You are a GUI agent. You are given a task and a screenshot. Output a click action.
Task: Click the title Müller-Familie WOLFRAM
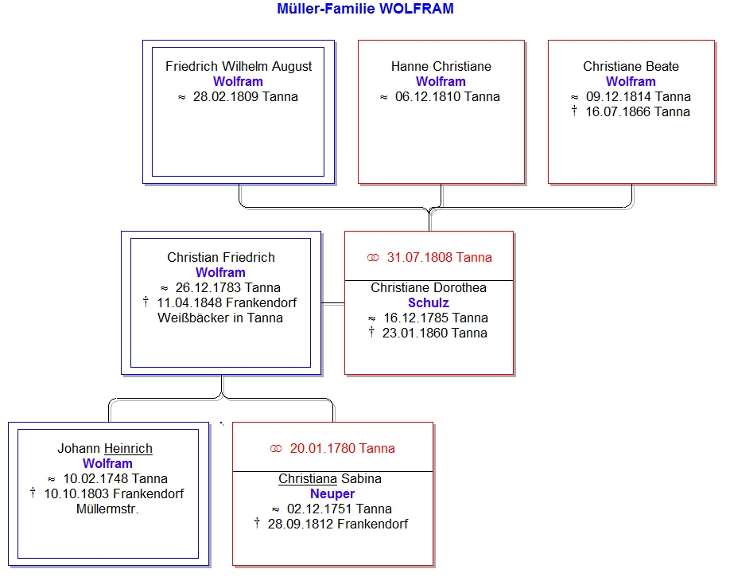[365, 9]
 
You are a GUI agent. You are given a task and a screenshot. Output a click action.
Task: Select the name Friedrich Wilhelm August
[239, 67]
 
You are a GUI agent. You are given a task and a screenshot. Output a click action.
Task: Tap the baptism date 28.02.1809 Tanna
[246, 97]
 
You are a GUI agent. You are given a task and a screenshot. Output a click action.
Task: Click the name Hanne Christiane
[441, 67]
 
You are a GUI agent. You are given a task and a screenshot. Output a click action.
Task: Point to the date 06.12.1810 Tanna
[448, 97]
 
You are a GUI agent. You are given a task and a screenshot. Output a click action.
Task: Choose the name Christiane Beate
[631, 67]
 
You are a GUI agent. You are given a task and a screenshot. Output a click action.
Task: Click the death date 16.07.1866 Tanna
[638, 111]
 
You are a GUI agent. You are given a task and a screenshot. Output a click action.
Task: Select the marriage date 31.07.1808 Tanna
[439, 257]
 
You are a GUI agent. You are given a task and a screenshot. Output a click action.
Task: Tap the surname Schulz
[429, 303]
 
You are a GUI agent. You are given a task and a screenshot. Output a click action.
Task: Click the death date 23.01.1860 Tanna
[435, 333]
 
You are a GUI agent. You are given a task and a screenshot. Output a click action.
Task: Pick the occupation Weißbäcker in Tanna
[220, 318]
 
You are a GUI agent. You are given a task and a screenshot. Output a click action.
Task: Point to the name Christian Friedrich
[221, 257]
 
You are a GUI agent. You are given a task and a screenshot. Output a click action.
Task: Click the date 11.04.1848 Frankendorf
[227, 303]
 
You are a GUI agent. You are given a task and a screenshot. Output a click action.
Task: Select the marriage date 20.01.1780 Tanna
[342, 448]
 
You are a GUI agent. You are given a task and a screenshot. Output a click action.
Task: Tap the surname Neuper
[332, 494]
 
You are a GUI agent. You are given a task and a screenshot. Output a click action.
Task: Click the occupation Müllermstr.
[107, 509]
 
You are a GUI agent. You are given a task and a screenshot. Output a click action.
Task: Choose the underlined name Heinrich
[128, 448]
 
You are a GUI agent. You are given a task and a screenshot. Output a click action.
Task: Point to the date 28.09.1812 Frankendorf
[337, 524]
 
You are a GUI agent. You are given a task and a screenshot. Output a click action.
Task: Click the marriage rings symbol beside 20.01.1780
[276, 449]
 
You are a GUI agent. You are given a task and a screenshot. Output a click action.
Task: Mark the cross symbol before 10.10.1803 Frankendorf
[33, 493]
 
